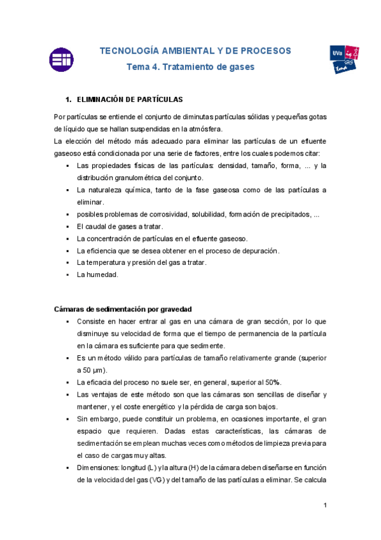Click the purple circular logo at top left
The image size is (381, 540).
[x=61, y=59]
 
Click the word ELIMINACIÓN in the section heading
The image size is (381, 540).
[x=101, y=100]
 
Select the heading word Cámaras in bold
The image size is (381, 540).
[x=70, y=309]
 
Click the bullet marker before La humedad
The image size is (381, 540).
[x=67, y=274]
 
